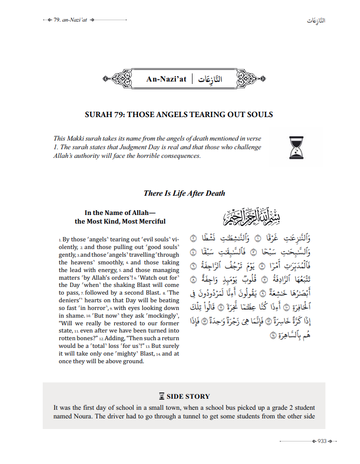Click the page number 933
click(x=322, y=441)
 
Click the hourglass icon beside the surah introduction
click(x=296, y=147)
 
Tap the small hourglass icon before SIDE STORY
click(x=162, y=396)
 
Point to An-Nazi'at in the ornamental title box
click(x=166, y=79)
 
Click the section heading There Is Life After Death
click(x=184, y=193)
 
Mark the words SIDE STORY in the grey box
click(x=188, y=396)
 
